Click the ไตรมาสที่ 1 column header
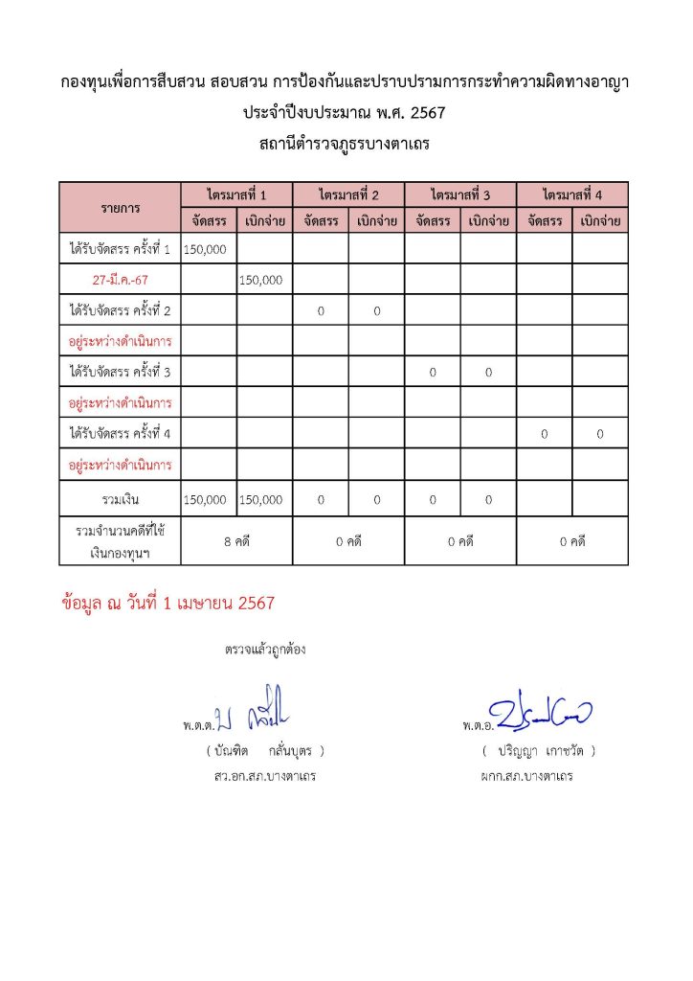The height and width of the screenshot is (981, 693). (236, 194)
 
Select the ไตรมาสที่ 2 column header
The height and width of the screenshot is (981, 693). (349, 194)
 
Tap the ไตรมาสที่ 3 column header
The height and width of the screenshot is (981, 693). (460, 194)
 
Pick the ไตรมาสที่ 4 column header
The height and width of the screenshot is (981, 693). (572, 194)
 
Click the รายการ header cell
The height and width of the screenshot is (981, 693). (121, 207)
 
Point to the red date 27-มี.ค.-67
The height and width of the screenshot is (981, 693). (121, 280)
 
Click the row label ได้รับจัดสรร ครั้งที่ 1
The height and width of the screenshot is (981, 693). (121, 249)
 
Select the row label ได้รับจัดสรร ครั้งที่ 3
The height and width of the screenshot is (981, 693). (121, 372)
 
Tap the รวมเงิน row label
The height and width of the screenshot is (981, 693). (121, 500)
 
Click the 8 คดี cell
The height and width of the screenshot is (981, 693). (236, 541)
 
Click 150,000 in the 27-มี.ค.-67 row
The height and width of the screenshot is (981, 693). (259, 280)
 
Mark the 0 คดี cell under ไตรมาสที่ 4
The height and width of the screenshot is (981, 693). (572, 541)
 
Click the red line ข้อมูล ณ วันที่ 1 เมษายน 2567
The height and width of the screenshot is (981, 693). (168, 604)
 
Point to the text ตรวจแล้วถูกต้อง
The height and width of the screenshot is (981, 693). (265, 650)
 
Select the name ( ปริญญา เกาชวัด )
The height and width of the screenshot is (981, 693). (540, 750)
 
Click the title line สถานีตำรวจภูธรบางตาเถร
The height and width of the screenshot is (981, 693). (346, 145)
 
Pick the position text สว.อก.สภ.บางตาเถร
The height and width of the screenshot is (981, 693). (265, 776)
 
